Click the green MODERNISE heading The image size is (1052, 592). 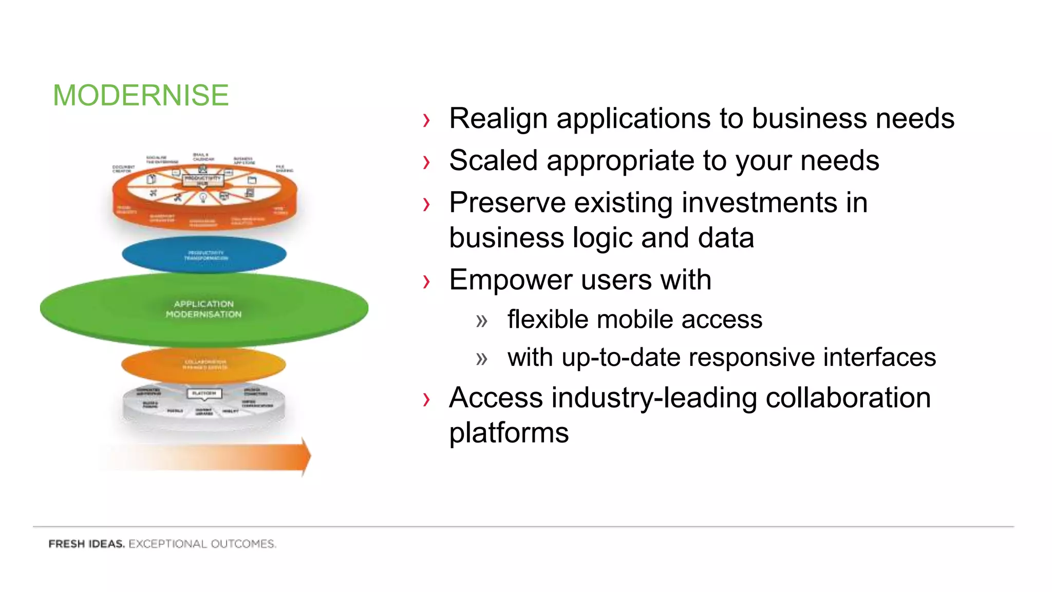[141, 96]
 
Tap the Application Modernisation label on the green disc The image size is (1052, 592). [203, 309]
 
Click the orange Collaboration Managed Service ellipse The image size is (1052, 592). [204, 364]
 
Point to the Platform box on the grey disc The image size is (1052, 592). [204, 393]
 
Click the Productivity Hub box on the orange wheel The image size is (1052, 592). [203, 180]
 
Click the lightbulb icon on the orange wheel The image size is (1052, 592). [203, 197]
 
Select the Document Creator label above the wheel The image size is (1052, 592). [123, 169]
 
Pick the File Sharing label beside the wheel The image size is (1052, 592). [284, 169]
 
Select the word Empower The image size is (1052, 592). [511, 280]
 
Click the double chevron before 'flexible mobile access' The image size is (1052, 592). [481, 321]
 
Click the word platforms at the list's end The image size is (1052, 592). [509, 433]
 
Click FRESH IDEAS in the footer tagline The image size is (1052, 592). [86, 544]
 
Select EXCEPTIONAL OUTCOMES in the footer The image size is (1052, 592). [202, 544]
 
